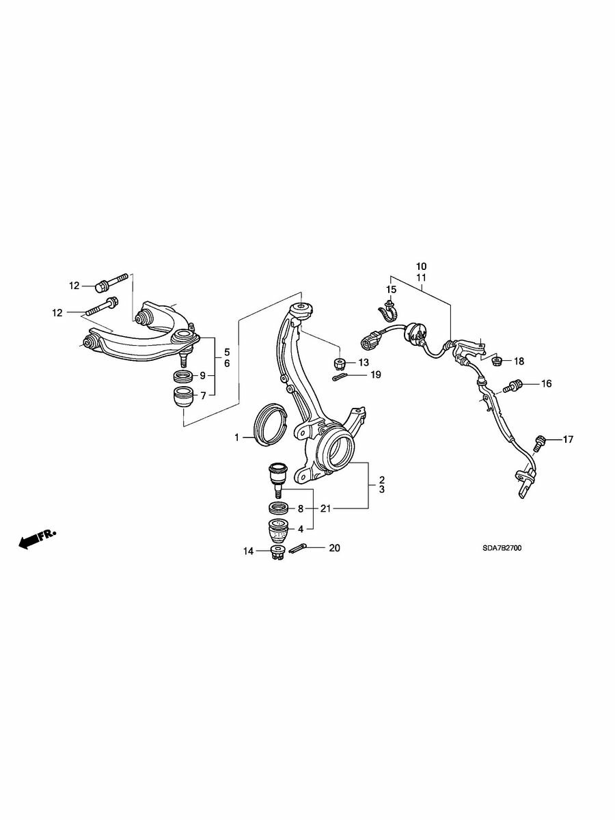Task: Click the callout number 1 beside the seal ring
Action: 236,437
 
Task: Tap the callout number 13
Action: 364,362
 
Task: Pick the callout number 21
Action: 326,508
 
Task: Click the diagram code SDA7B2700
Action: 502,548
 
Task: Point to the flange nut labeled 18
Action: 497,361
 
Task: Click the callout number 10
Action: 421,266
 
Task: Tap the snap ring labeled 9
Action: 184,375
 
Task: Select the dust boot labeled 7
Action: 184,398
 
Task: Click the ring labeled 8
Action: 279,508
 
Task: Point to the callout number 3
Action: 381,489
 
